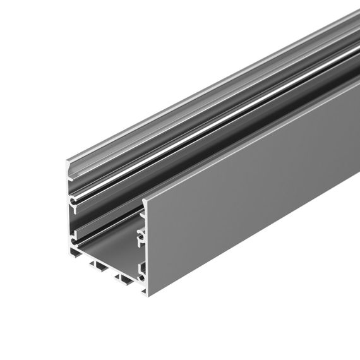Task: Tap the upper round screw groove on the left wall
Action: [75, 203]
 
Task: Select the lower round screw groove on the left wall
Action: [75, 239]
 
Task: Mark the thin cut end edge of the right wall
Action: [145, 253]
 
